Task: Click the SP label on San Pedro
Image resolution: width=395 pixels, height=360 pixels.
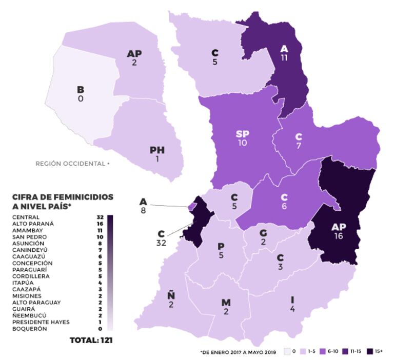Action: point(242,134)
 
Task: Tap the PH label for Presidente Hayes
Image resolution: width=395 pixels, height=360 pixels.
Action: point(157,150)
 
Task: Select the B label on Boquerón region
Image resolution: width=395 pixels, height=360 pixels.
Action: point(81,90)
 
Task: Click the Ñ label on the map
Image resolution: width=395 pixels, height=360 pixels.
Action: point(171,295)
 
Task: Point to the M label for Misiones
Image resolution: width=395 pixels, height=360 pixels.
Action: point(226,303)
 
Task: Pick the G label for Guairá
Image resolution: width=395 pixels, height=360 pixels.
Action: point(263,233)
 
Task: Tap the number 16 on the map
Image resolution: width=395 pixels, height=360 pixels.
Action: point(338,236)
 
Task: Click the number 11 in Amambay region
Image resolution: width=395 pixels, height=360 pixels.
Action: point(284,58)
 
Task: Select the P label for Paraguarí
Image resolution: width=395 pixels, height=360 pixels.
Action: point(221,247)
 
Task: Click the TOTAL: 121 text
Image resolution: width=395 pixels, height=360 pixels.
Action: point(91,339)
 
